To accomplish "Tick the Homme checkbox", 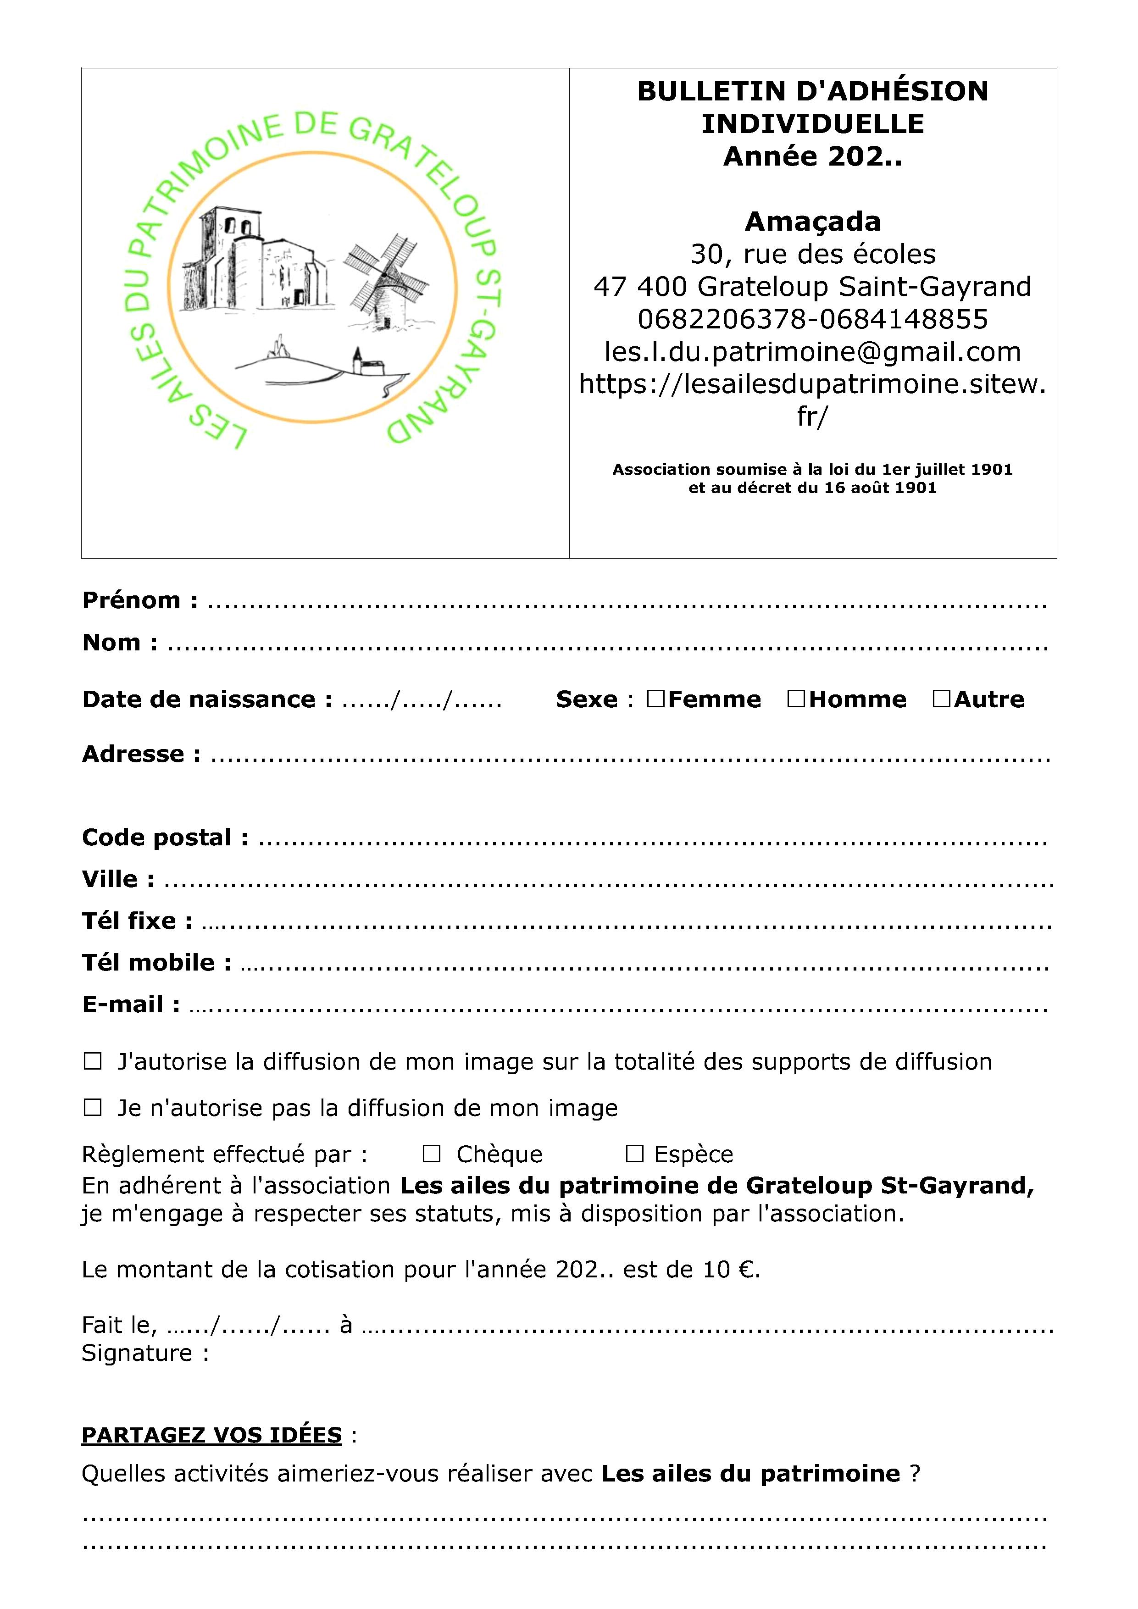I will [x=796, y=699].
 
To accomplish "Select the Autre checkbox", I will [x=941, y=699].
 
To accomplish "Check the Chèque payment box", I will [x=432, y=1154].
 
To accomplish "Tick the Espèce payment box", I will [x=634, y=1154].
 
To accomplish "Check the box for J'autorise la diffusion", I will [x=93, y=1061].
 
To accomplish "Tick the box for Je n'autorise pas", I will [x=93, y=1107].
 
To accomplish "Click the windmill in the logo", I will [x=385, y=280].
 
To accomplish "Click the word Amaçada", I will [x=812, y=222].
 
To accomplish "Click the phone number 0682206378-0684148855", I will [x=812, y=319].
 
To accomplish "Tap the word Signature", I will [x=137, y=1353].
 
